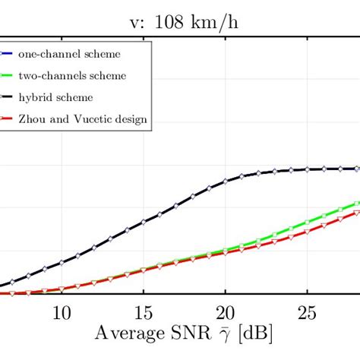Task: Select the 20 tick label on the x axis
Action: (x=225, y=313)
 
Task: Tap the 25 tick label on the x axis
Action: (x=306, y=313)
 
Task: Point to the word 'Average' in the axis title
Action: (x=127, y=333)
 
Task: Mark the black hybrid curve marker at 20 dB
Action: (x=225, y=182)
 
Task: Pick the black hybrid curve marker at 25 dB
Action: (x=306, y=169)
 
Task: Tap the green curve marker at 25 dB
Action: (x=306, y=223)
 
